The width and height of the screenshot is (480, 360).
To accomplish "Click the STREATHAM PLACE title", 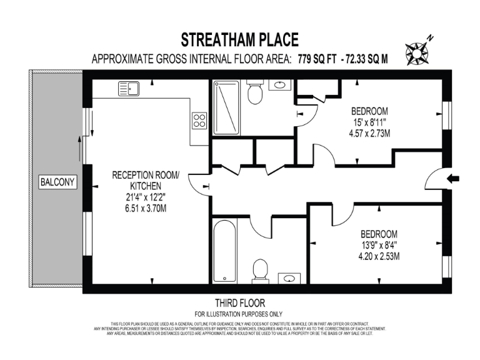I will (239, 40).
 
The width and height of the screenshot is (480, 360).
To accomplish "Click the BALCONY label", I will (57, 182).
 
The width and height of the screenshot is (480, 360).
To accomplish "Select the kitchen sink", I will (129, 89).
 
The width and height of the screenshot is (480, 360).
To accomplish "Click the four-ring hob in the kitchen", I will (199, 119).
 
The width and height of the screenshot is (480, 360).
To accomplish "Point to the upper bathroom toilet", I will (254, 93).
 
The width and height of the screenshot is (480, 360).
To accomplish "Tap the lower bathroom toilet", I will (260, 271).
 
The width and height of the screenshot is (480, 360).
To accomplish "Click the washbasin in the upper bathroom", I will (279, 86).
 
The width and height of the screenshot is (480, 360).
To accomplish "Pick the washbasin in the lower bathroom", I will (288, 277).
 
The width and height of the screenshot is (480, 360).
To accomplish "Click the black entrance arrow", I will (452, 179).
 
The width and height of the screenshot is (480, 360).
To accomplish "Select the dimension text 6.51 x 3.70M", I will (144, 208).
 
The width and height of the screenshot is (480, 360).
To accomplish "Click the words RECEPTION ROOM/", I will (145, 176).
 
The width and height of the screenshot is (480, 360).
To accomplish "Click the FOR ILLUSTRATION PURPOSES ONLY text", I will (239, 314).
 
